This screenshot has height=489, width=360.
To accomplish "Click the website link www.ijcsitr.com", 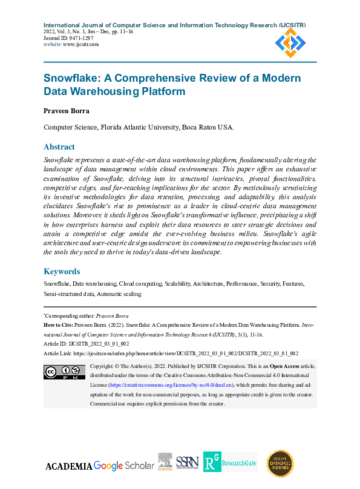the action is [81, 44].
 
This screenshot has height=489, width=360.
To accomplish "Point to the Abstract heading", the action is [59, 146].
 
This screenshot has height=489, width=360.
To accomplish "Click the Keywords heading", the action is [62, 272].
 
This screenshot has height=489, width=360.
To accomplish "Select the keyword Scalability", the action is [177, 283].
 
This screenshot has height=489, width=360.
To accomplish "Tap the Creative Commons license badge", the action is [64, 372].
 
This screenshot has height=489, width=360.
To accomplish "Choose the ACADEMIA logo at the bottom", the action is [69, 466].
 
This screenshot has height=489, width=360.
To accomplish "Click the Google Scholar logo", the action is [125, 465].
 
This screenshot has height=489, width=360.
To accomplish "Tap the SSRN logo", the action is [187, 464].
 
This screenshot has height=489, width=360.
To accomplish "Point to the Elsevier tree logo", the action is [165, 462].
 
